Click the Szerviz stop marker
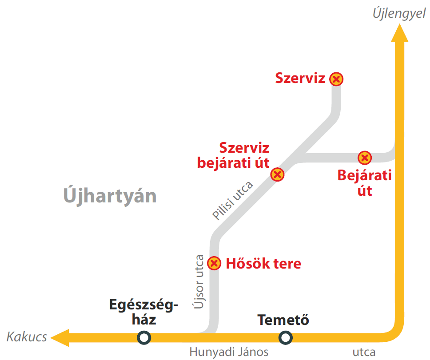click(337, 79)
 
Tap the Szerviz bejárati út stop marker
click(278, 174)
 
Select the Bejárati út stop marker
click(365, 158)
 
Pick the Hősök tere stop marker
click(215, 263)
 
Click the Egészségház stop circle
click(144, 338)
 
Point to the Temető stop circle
click(285, 338)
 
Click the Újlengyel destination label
click(399, 13)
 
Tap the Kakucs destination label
click(27, 337)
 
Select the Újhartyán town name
click(110, 195)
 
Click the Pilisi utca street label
click(232, 200)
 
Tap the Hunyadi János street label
click(229, 352)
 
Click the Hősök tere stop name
click(263, 264)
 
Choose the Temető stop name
click(283, 320)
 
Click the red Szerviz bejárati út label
click(234, 155)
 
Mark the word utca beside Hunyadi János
click(364, 352)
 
